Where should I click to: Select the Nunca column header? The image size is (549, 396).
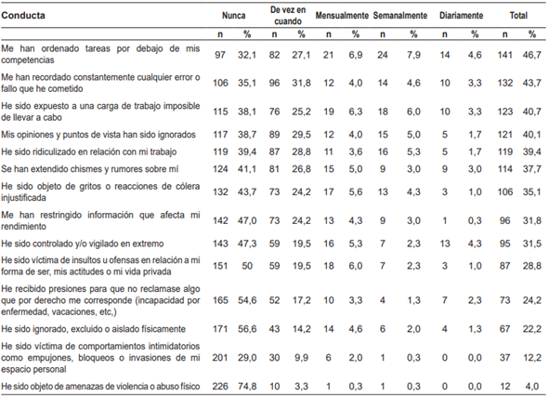point(234,17)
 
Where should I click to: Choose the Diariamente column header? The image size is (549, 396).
point(460,17)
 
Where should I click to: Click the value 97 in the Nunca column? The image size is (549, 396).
point(219,55)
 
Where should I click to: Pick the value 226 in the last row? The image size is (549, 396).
point(219,386)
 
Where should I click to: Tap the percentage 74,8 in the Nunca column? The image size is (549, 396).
point(248,386)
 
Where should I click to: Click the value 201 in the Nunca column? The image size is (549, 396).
point(219,357)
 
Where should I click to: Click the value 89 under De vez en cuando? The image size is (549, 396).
point(275,133)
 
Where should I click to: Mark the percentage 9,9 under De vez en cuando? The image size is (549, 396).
point(303,357)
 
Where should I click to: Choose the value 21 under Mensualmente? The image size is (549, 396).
point(327,55)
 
